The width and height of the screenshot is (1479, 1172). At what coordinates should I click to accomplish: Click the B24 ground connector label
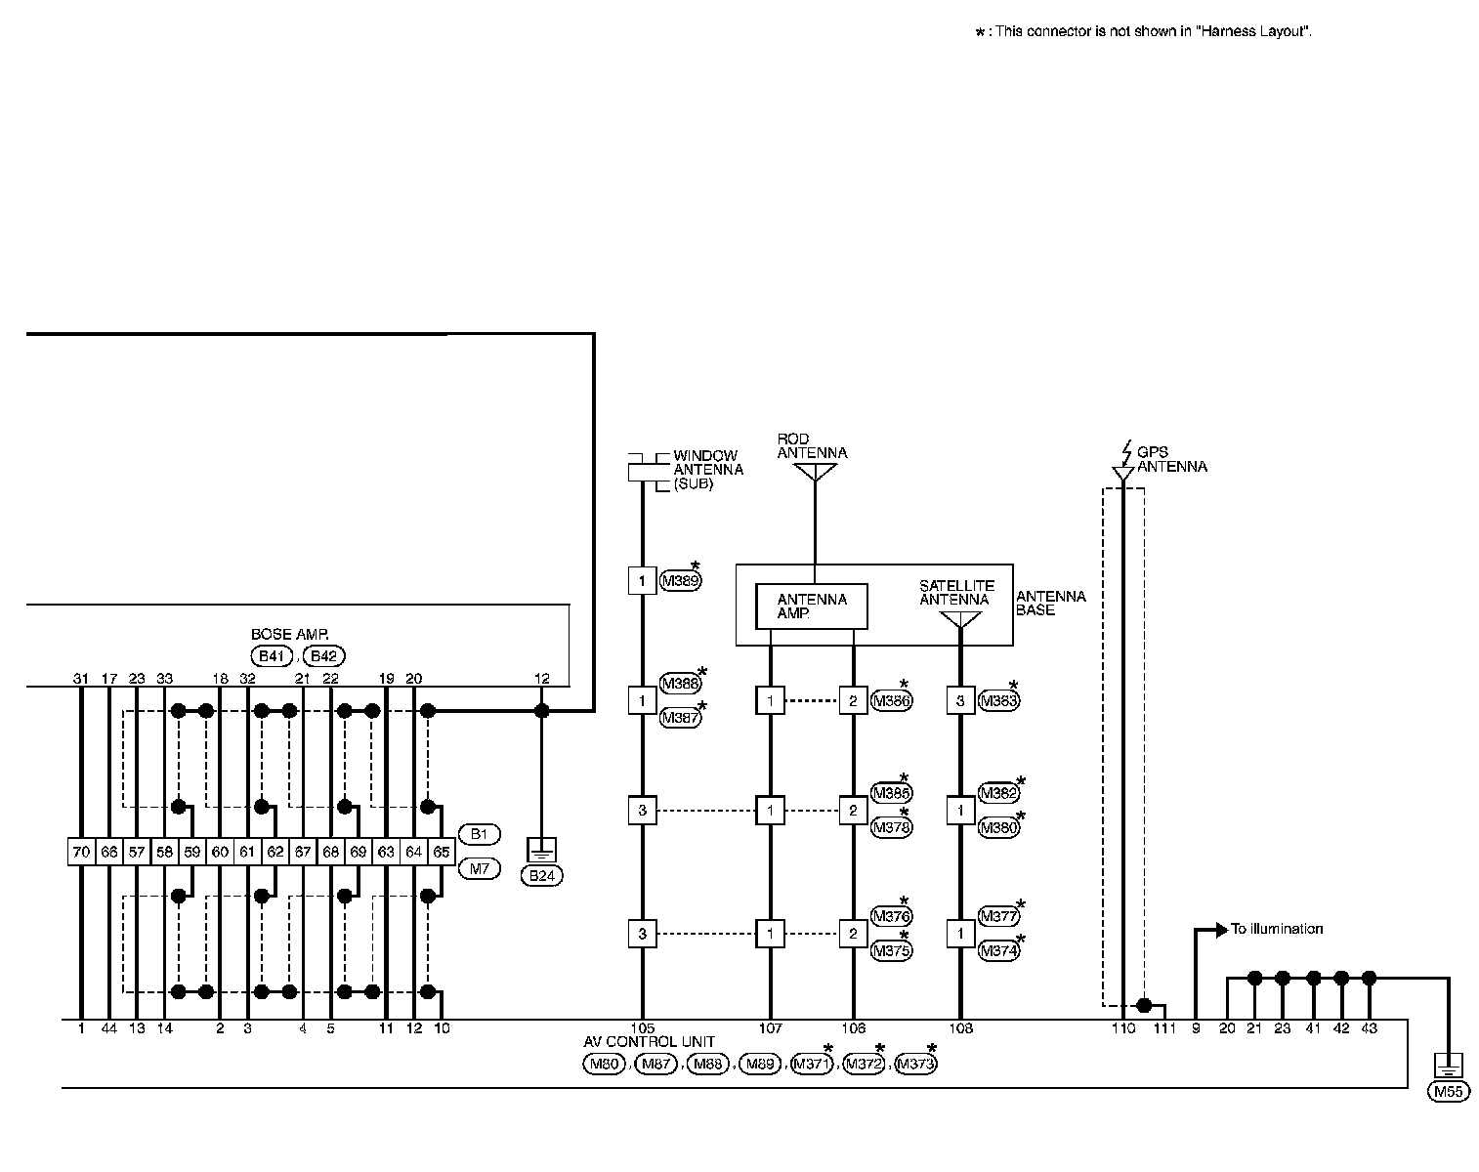pos(541,876)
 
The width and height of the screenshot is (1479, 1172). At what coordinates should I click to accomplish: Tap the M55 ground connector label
pos(1447,1092)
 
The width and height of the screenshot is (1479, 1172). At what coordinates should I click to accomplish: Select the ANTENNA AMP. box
pos(812,606)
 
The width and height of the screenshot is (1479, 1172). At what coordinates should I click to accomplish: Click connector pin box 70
pos(81,852)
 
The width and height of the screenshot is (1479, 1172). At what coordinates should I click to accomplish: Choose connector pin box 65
pos(442,852)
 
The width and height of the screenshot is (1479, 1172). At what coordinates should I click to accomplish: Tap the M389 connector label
pos(680,581)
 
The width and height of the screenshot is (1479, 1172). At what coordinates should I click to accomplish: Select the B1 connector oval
pos(479,834)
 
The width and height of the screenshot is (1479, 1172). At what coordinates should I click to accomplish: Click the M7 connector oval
pos(479,867)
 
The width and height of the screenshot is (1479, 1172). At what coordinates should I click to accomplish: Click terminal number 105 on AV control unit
pos(642,1028)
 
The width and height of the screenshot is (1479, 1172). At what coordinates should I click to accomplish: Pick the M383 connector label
pos(998,700)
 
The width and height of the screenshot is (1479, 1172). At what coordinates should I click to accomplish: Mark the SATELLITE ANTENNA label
pos(956,593)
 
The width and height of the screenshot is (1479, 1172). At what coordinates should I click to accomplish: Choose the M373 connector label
pos(915,1064)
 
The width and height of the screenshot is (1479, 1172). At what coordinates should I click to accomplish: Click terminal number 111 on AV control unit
pos(1163,1028)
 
